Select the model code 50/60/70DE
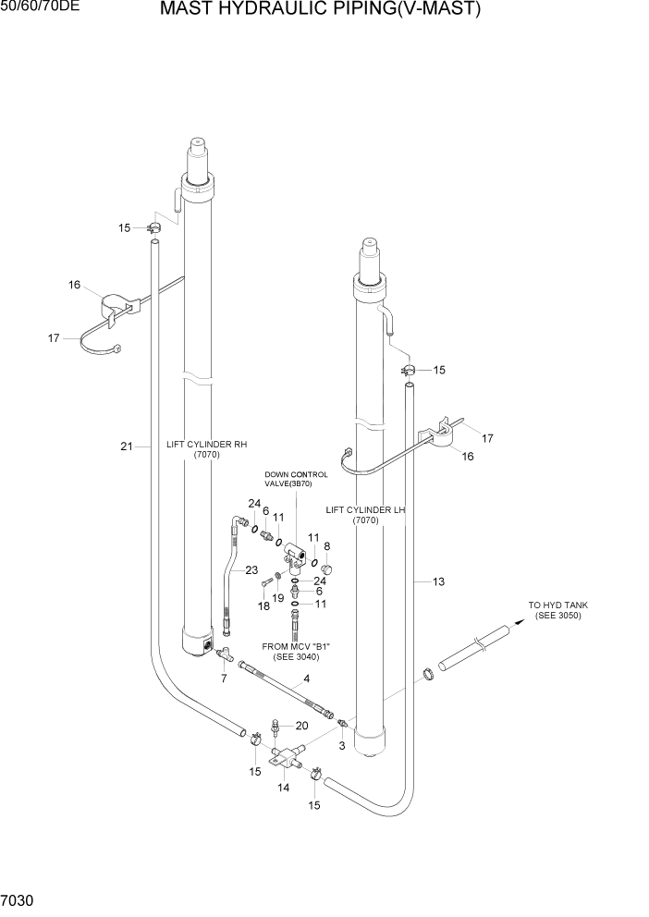[x=40, y=7]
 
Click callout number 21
[x=127, y=446]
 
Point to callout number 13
[x=438, y=581]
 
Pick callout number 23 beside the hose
[x=251, y=570]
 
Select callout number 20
[x=301, y=725]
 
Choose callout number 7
[x=223, y=679]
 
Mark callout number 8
[x=326, y=546]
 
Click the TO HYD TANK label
[x=557, y=610]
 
